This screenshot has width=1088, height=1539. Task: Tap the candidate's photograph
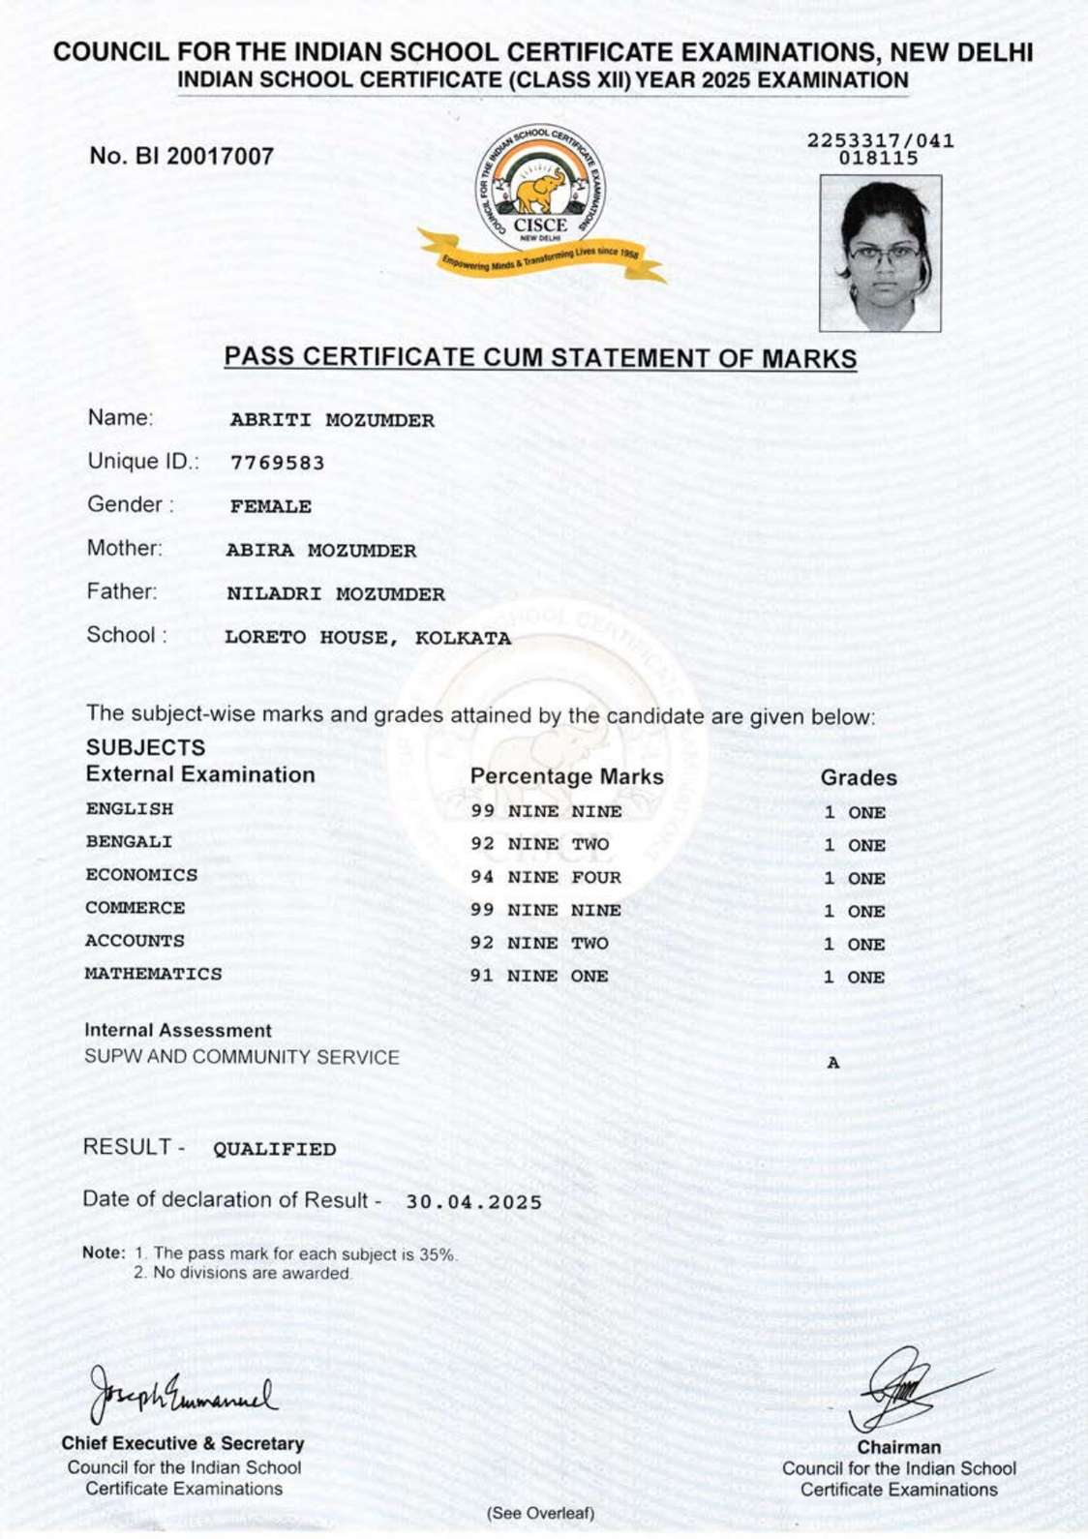(880, 253)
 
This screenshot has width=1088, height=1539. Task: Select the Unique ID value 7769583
(277, 463)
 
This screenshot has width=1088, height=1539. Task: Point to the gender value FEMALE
(270, 506)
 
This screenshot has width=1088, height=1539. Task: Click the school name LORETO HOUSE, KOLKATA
(367, 638)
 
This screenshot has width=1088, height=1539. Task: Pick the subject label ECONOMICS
(141, 875)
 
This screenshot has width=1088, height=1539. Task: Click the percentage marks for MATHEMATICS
(538, 976)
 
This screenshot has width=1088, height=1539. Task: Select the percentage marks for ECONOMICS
(545, 878)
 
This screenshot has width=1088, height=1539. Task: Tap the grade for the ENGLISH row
(854, 812)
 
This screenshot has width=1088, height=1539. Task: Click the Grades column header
(858, 777)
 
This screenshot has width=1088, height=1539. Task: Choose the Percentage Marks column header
(566, 776)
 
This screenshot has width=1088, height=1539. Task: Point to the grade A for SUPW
(833, 1063)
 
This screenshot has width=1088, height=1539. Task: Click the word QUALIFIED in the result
(274, 1149)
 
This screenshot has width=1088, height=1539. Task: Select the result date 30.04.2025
(473, 1202)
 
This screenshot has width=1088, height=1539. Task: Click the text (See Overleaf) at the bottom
(540, 1513)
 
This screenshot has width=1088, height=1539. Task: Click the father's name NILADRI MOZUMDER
(335, 594)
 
